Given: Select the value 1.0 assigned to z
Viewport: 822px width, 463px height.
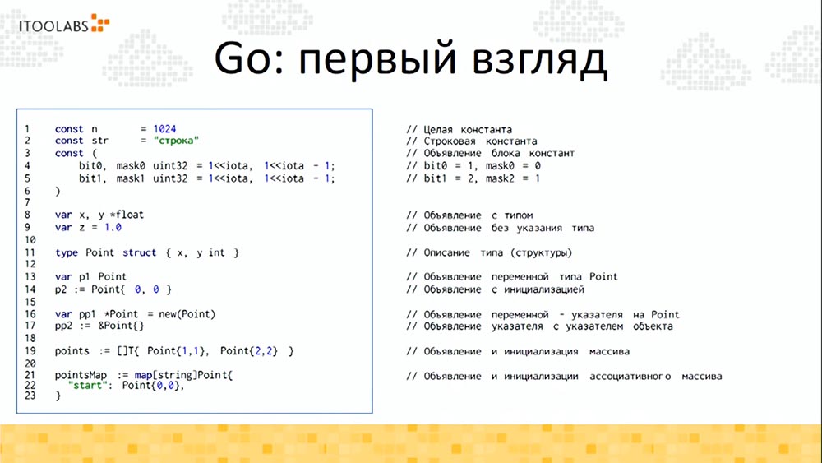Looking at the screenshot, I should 109,227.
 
